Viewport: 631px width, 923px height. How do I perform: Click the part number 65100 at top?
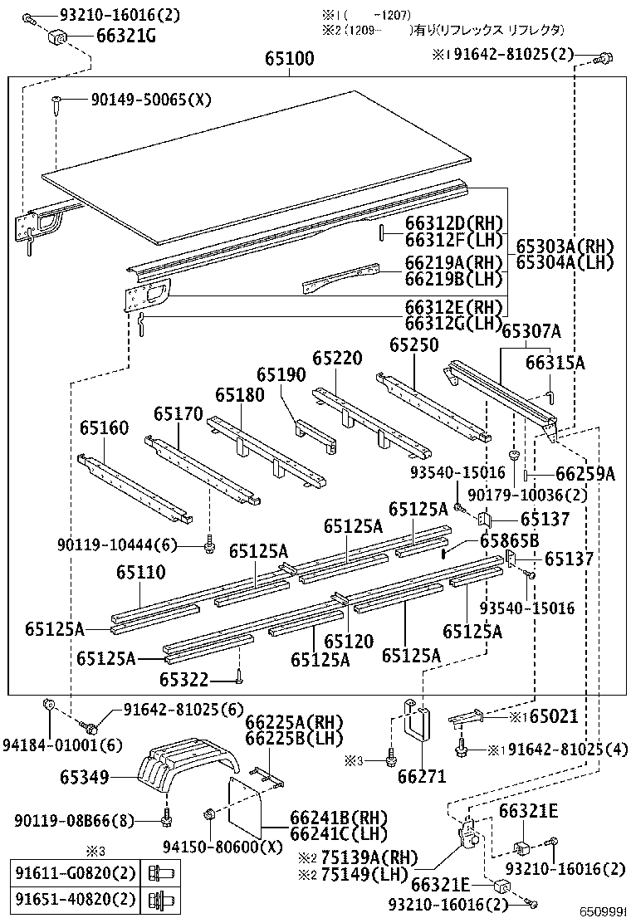coord(290,59)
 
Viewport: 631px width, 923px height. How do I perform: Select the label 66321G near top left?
coord(109,37)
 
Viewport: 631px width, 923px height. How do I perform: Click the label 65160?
coord(105,428)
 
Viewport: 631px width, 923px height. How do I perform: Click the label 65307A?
coord(531,332)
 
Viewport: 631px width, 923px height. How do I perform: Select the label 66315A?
coord(555,363)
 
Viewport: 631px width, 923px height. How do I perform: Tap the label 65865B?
coord(509,541)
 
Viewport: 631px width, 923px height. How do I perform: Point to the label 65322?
coord(183,679)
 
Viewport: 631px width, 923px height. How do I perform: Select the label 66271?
coord(422,777)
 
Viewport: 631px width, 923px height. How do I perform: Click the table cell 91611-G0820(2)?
coord(74,873)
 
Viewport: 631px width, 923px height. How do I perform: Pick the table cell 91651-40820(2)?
coord(74,899)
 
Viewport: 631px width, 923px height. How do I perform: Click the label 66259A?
coord(585,474)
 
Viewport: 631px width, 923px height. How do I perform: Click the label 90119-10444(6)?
coord(117,545)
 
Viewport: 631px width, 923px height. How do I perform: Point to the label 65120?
coord(349,641)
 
